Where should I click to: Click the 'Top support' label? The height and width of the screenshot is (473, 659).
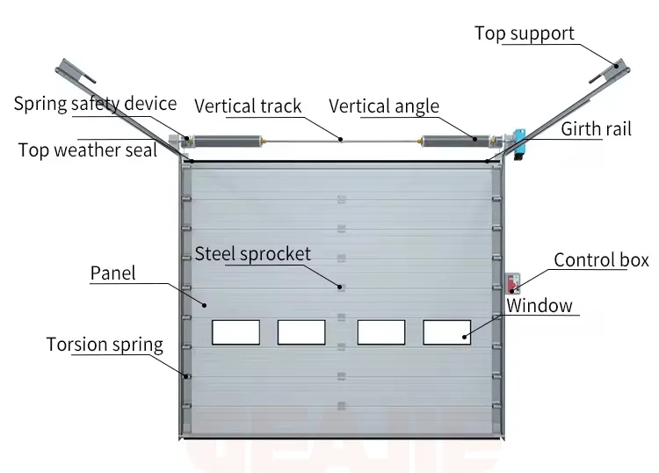[525, 33]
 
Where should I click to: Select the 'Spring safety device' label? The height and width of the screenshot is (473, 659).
[95, 104]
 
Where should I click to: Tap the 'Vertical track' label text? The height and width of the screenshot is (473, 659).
[248, 106]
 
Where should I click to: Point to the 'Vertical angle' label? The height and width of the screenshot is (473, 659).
[384, 106]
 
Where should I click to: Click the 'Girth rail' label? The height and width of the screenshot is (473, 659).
[596, 129]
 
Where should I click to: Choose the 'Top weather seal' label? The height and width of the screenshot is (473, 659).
[87, 149]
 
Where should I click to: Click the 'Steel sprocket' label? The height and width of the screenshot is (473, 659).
[253, 254]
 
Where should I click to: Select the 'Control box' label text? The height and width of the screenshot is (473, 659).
[601, 259]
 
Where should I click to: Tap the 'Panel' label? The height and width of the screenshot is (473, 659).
[113, 273]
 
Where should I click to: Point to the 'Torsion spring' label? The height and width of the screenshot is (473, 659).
[105, 343]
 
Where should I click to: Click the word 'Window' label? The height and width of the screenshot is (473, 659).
[540, 306]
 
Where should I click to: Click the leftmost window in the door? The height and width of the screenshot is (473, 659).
[235, 331]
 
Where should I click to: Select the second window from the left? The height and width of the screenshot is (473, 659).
[301, 331]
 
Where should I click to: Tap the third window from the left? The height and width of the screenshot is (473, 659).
[381, 331]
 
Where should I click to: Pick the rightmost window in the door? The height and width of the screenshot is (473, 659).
[446, 331]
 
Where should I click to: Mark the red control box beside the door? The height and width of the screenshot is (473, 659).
[513, 283]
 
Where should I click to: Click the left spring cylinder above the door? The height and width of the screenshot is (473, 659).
[227, 139]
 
